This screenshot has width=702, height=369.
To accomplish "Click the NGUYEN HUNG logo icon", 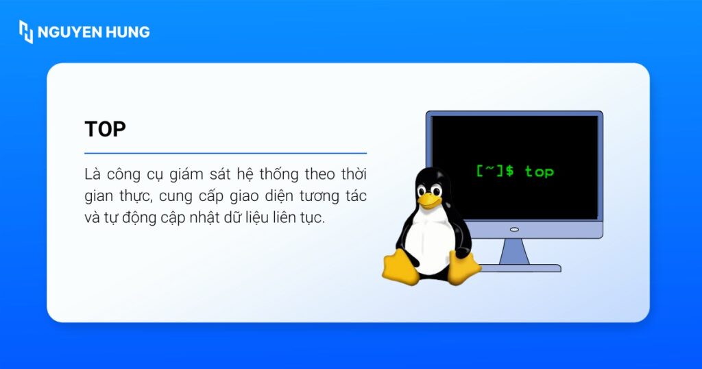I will [26, 32].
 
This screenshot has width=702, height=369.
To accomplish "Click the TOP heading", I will [105, 130].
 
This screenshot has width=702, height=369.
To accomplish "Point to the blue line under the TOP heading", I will [226, 153].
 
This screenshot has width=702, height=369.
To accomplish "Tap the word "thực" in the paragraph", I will [134, 196].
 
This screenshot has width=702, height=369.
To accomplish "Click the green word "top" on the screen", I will [539, 171].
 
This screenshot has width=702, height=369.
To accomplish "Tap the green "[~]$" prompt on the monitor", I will [494, 171].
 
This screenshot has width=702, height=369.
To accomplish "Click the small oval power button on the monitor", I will [514, 229].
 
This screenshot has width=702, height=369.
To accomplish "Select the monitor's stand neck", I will [514, 251].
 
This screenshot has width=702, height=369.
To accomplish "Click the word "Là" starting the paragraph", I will [92, 174].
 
